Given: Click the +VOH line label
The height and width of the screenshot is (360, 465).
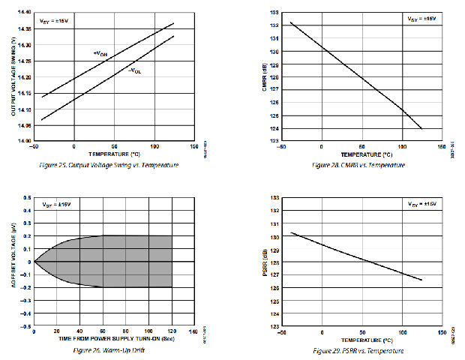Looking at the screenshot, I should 100,55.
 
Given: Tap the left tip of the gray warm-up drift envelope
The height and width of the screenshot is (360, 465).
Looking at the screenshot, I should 34,262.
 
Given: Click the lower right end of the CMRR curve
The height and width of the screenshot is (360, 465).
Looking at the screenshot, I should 421,128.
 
